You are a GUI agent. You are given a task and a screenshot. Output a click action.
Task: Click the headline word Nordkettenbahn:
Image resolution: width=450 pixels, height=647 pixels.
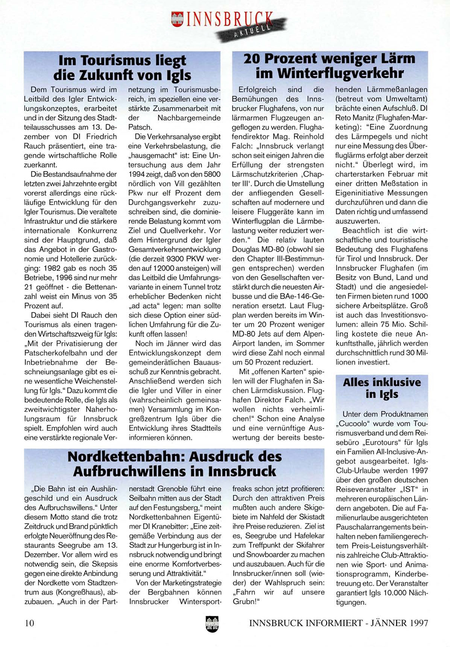126,456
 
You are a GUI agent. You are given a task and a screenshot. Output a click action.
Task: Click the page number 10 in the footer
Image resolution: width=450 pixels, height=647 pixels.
29,623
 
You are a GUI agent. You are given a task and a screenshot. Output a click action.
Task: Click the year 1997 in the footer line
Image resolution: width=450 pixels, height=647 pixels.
417,623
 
